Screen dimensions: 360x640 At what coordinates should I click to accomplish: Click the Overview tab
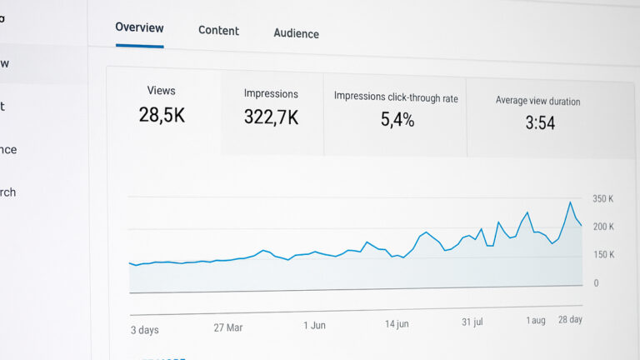coord(139,27)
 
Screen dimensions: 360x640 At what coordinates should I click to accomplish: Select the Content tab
coord(218,31)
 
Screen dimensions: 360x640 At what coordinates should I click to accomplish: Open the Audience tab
coord(296,33)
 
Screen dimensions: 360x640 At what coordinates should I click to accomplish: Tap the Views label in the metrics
coord(161,90)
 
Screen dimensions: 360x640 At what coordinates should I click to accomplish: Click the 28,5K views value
coord(162,115)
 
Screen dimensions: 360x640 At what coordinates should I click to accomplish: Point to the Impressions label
coord(271,94)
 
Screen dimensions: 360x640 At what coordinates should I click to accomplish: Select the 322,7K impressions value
coord(271,118)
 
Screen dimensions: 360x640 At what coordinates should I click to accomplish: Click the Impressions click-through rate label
coord(396,97)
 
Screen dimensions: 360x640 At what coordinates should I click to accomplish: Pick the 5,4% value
coord(397,120)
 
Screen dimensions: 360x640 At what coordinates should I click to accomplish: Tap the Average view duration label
coord(537,101)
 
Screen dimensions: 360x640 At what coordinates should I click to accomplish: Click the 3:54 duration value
coord(540,123)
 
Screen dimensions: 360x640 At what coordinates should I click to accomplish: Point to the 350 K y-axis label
coord(603,199)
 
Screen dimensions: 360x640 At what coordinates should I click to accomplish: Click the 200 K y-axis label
coord(603,227)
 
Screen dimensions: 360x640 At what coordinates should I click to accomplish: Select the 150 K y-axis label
coord(603,255)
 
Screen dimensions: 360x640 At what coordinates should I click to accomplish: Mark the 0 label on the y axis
coord(596,283)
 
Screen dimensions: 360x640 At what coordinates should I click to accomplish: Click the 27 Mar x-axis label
coord(228,327)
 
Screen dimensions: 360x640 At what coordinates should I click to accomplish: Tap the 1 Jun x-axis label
coord(314,325)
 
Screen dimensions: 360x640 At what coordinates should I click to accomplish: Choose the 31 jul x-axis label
coord(472,322)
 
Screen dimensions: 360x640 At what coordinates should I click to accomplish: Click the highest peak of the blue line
coord(570,202)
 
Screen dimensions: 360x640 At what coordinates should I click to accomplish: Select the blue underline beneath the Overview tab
coord(139,46)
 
